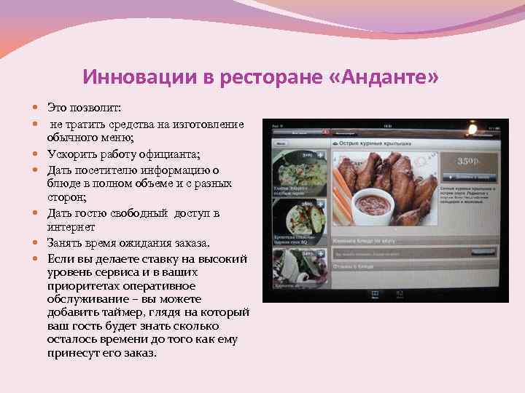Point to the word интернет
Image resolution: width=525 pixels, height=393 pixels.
click(71, 227)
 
